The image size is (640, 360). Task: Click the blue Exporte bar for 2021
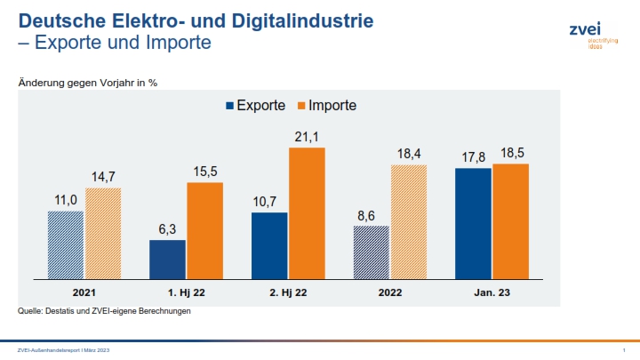point(66,244)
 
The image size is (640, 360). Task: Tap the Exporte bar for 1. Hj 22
point(167,259)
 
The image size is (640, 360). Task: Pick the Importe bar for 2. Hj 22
point(307,213)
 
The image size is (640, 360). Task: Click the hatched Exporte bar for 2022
point(371,252)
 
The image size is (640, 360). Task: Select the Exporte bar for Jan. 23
point(473,223)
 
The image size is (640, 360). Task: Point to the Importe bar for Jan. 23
point(510,221)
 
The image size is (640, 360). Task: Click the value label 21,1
point(307,136)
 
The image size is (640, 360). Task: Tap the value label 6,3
point(167,229)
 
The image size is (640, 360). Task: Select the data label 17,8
point(473,156)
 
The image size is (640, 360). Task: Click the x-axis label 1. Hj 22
point(187,292)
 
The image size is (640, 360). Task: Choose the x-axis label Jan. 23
point(492,292)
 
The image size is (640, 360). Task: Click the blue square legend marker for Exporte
point(230,106)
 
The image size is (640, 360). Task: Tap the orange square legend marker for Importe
point(301,106)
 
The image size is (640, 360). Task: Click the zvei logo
point(587,34)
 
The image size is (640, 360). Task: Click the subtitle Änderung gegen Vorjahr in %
point(88,82)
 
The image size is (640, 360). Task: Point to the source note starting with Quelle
point(104,311)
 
